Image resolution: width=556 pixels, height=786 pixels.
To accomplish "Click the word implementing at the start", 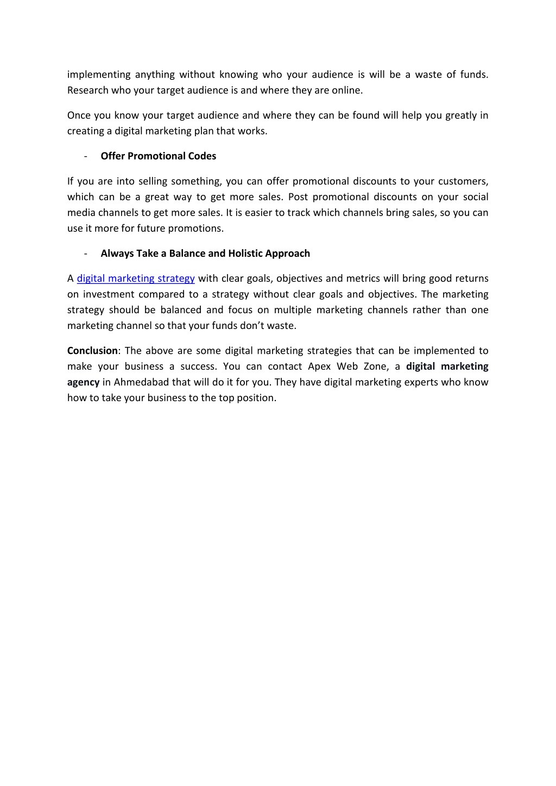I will (x=99, y=74).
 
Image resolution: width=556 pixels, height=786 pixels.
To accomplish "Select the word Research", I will (x=88, y=90).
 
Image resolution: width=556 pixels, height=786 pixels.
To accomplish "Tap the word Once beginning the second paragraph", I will (x=79, y=115).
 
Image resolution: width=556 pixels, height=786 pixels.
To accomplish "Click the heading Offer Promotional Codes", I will (x=158, y=156).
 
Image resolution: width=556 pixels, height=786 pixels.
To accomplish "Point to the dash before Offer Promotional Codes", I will (x=86, y=156).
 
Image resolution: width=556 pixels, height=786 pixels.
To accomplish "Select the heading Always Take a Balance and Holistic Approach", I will (x=205, y=253).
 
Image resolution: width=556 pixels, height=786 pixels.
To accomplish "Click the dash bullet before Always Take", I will (x=86, y=253).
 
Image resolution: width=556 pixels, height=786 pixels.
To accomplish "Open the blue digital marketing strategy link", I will (x=136, y=278).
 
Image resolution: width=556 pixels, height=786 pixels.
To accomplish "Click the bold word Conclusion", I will (x=92, y=351).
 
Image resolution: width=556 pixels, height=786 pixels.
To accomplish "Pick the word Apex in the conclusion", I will (x=319, y=366).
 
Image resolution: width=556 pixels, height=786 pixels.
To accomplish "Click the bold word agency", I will (x=83, y=382).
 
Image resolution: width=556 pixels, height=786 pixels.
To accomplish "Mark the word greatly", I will (x=460, y=115).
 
